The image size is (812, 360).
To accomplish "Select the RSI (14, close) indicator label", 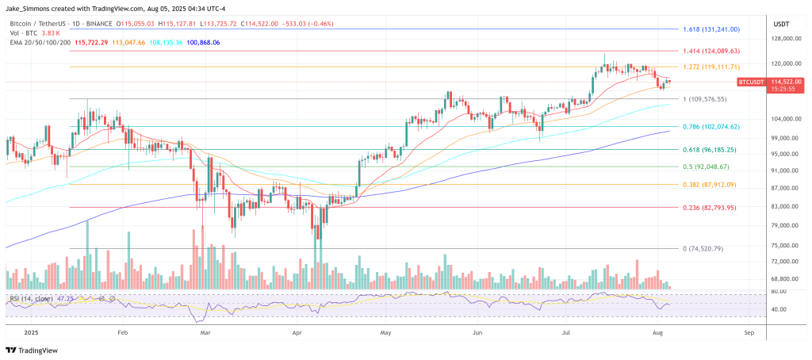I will pos(33,299).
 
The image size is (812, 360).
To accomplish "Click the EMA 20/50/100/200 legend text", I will pos(38,42).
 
